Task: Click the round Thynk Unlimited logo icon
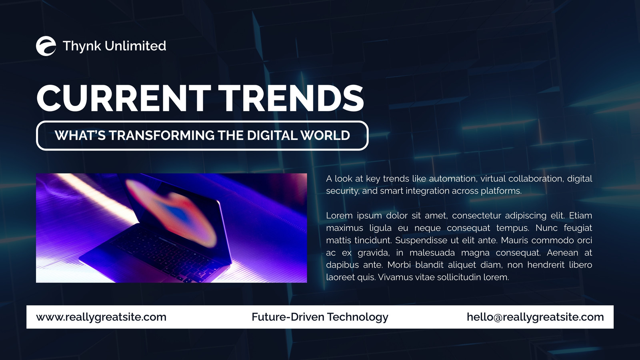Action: [x=46, y=46]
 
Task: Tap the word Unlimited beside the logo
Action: [x=136, y=46]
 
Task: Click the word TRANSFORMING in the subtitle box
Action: [x=162, y=136]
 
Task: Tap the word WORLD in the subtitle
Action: [x=325, y=136]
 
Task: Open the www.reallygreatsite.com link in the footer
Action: [x=101, y=317]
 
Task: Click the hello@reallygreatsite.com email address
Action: [x=536, y=317]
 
